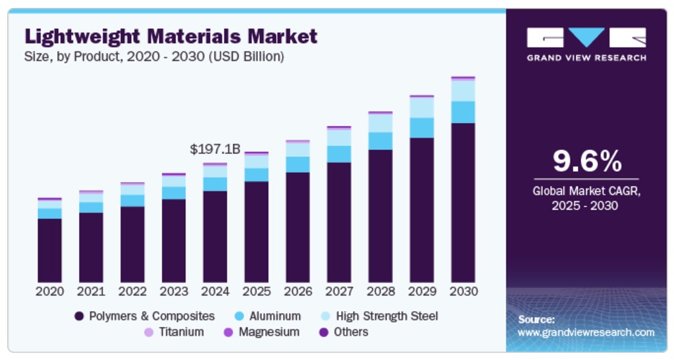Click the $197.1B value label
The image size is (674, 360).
[x=215, y=149]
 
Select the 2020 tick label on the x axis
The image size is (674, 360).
[x=49, y=291]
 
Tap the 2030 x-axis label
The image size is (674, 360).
[x=463, y=291]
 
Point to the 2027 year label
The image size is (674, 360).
[x=339, y=291]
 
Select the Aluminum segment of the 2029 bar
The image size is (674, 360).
[x=422, y=128]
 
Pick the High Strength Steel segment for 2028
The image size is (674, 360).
[x=380, y=123]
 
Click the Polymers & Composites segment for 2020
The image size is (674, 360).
[x=49, y=250]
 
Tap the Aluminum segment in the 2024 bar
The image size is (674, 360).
[x=215, y=184]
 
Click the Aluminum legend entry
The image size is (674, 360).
[x=267, y=316]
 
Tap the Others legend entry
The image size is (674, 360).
[x=344, y=332]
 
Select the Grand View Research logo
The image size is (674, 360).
[x=586, y=45]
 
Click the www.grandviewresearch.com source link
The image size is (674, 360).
[x=586, y=332]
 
